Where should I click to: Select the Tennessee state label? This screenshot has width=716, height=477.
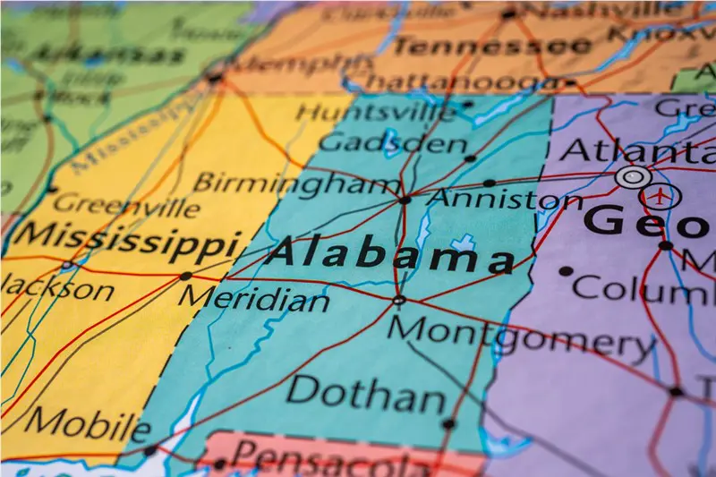(491, 45)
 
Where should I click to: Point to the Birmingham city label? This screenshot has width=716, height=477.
(296, 183)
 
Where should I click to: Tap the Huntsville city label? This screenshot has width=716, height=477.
(376, 113)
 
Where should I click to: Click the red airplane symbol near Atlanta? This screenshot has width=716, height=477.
(661, 195)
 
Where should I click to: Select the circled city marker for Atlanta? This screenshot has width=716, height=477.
(633, 176)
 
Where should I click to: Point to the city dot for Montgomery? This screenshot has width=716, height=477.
(399, 301)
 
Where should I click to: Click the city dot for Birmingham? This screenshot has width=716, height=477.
(405, 200)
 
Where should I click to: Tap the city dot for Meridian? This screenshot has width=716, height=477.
(185, 276)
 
